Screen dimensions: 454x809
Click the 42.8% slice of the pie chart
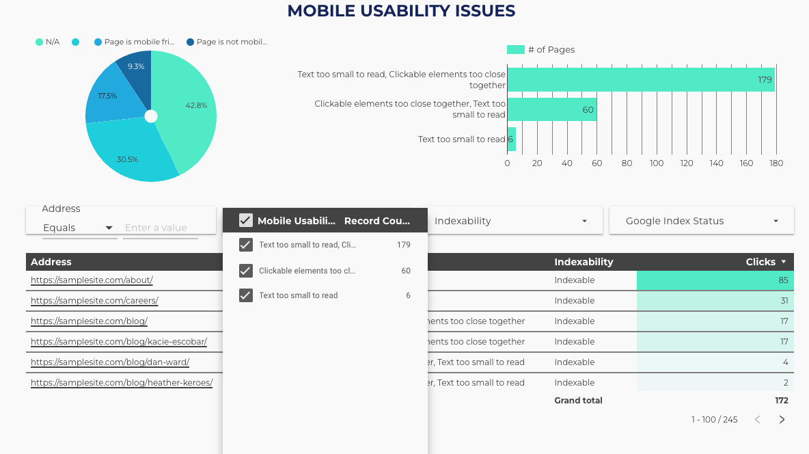(188, 109)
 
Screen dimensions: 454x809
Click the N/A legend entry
(48, 42)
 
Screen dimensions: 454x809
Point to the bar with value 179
(640, 80)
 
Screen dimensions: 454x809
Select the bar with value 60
(551, 109)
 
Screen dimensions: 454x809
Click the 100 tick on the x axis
(657, 163)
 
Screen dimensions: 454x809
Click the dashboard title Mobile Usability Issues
(401, 11)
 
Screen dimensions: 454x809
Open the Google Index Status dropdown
(701, 221)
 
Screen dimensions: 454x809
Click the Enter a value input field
(160, 228)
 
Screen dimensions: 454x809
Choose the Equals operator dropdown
(78, 228)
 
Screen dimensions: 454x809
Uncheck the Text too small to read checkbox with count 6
(246, 295)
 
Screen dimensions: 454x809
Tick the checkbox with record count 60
(246, 271)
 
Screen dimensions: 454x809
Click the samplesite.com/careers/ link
(94, 301)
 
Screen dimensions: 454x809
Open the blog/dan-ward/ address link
(110, 362)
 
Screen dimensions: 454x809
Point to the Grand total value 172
(782, 401)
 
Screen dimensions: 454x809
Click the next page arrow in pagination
(782, 420)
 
